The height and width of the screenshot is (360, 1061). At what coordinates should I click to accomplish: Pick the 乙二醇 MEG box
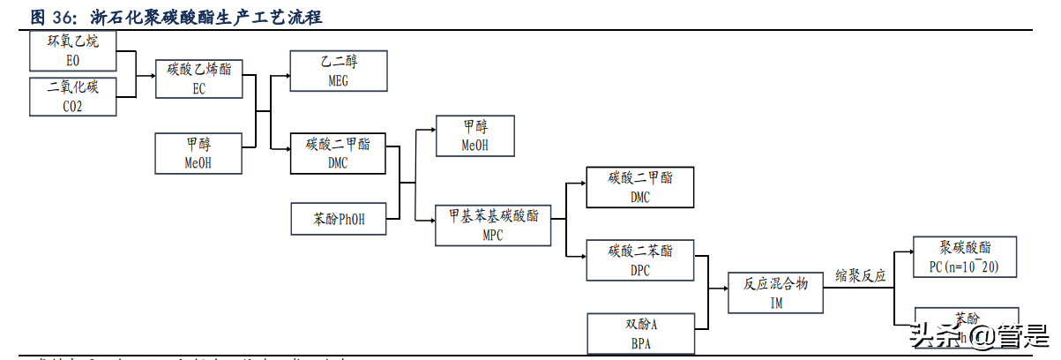[339, 71]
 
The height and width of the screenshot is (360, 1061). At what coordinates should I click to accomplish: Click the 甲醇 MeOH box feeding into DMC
[198, 153]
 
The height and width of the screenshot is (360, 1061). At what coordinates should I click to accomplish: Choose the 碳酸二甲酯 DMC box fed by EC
[339, 153]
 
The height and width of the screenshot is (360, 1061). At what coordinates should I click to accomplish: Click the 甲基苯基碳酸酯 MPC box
[493, 224]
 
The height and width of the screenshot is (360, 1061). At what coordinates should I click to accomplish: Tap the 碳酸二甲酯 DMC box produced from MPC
[639, 187]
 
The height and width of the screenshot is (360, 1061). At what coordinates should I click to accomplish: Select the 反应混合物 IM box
[776, 292]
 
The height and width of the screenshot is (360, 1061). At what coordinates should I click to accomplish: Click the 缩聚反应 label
[860, 276]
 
